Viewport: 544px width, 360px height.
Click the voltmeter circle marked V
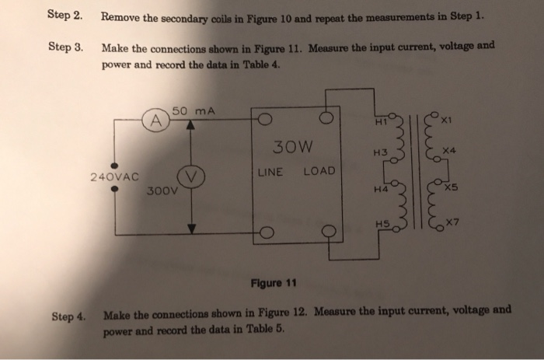point(191,175)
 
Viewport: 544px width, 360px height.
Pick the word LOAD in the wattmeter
point(318,171)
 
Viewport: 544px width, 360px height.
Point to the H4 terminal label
point(381,189)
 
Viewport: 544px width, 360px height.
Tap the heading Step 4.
point(68,316)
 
